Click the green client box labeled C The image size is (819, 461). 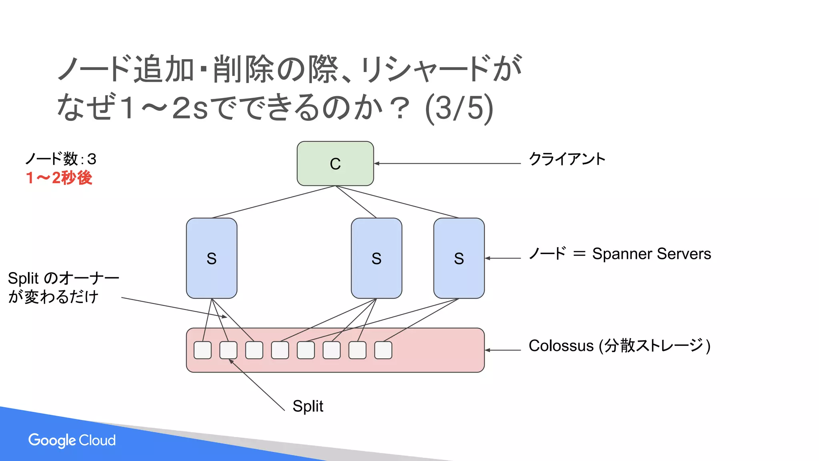[335, 163]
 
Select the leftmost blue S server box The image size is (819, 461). [212, 258]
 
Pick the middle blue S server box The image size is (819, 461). [376, 258]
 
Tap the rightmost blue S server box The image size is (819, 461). [459, 258]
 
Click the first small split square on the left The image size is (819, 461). [203, 350]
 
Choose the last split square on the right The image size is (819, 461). [383, 350]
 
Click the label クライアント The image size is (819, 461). [567, 159]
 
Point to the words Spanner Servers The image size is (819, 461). [651, 254]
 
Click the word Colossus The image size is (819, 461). [561, 346]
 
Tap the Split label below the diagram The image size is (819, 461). [308, 406]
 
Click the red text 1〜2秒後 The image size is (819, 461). [59, 178]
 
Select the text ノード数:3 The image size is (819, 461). [61, 159]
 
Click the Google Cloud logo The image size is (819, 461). [72, 440]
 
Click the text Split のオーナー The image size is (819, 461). [63, 278]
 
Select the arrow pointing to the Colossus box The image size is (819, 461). [503, 350]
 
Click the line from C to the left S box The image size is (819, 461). [273, 202]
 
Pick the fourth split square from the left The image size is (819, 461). [280, 350]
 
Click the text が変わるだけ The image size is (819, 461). [53, 297]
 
